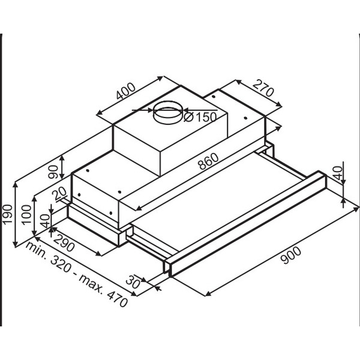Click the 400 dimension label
[126, 91]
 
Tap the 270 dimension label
[263, 88]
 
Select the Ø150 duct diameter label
[200, 117]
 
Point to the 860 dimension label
[208, 161]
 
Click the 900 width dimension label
[290, 255]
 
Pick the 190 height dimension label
[7, 214]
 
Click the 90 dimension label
[53, 172]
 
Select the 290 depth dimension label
[64, 243]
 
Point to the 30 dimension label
[133, 282]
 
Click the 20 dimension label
[59, 194]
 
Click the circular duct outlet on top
[168, 112]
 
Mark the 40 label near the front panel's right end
[338, 173]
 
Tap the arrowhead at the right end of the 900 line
[356, 208]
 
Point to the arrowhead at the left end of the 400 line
[99, 113]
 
